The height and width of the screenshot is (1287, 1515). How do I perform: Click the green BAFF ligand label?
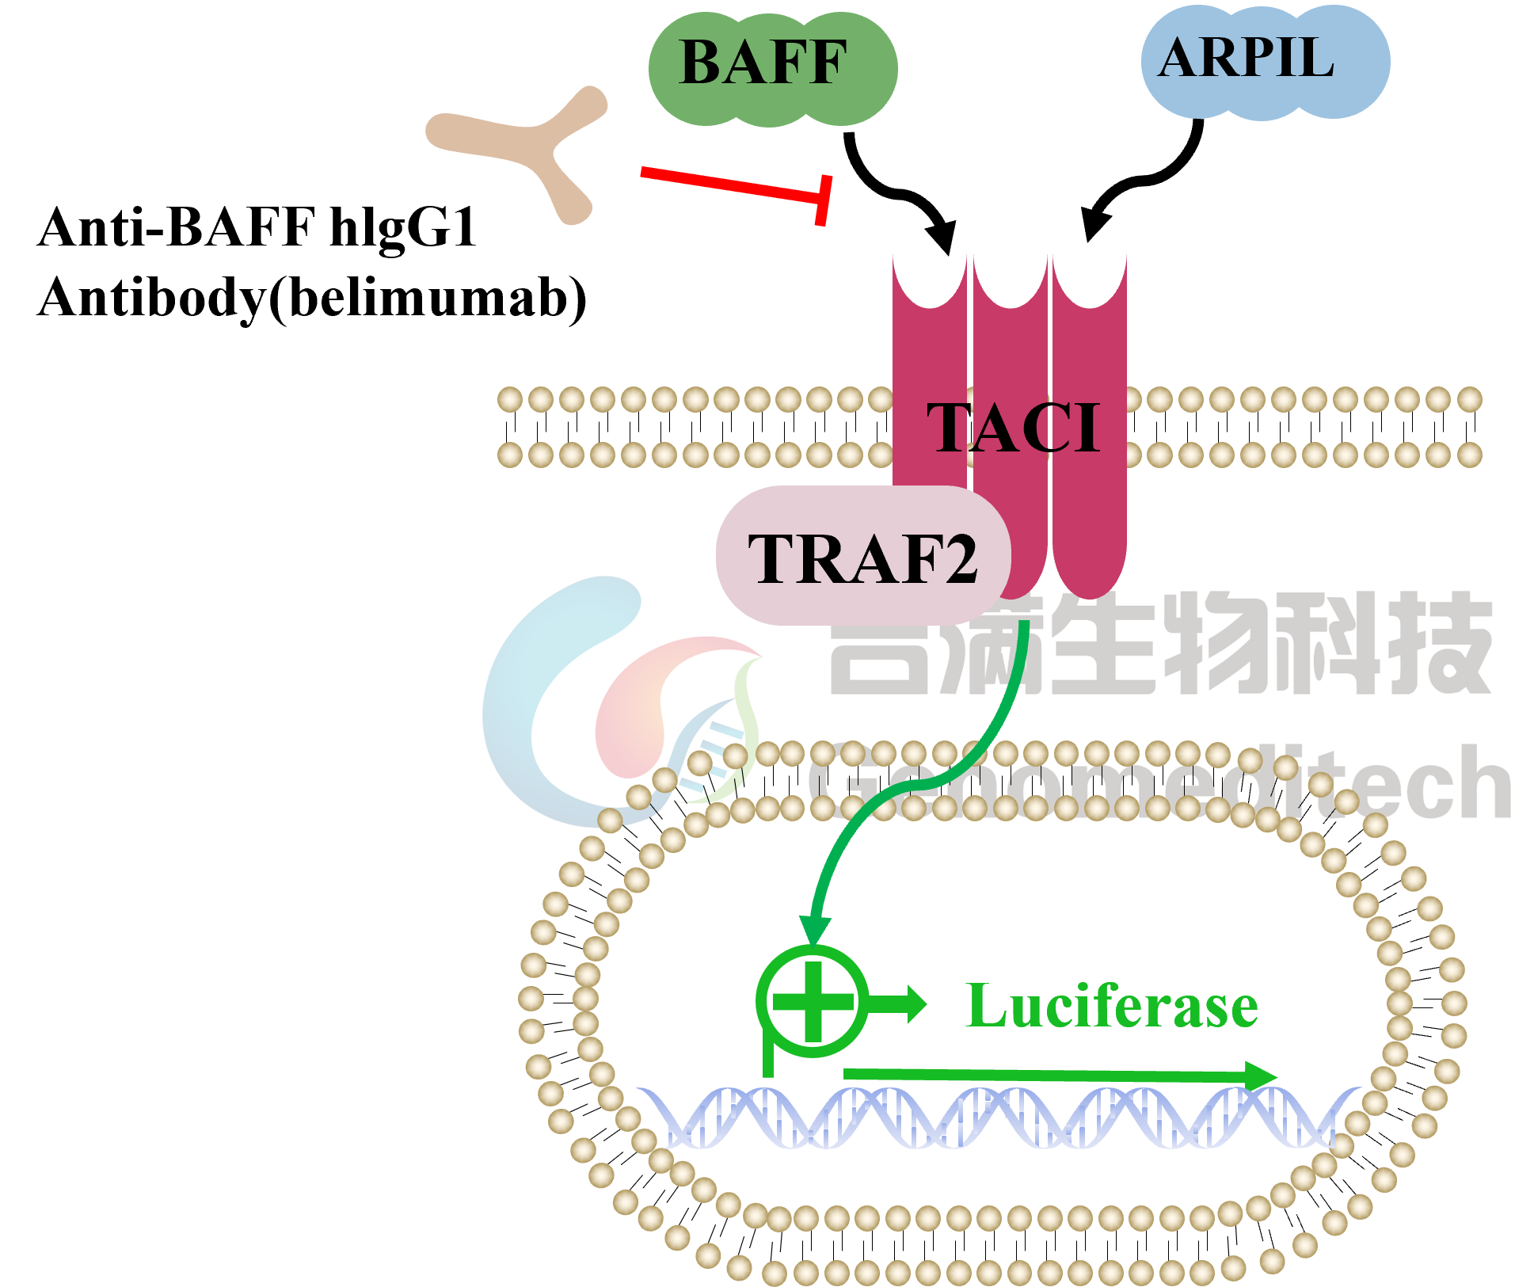point(764,63)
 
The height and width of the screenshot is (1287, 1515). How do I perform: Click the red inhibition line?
point(729,184)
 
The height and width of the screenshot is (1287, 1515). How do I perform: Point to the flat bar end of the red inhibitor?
point(824,200)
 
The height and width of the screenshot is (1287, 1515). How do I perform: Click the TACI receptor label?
point(1014,428)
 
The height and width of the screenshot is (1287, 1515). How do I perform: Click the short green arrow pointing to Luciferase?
point(899,1005)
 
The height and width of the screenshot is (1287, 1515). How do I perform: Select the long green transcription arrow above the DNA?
point(1061,1076)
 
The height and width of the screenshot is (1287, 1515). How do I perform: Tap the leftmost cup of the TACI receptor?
point(930,285)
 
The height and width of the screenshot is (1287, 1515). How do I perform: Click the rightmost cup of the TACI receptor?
point(1090,285)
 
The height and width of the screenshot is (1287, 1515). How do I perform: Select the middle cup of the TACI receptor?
point(1011,285)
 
